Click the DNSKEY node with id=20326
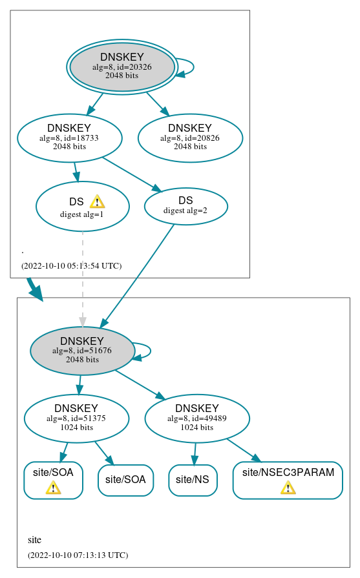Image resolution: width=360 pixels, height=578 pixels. pyautogui.click(x=122, y=67)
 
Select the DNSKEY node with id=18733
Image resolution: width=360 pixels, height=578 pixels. pyautogui.click(x=69, y=138)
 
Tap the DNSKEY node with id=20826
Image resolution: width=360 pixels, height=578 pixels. pyautogui.click(x=190, y=138)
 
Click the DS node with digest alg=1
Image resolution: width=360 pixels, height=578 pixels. pyautogui.click(x=82, y=206)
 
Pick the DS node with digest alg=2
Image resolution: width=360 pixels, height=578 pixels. pyautogui.click(x=185, y=205)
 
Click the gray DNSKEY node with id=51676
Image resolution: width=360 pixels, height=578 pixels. pyautogui.click(x=82, y=351)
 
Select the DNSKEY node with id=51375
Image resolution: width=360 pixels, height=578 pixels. pyautogui.click(x=76, y=418)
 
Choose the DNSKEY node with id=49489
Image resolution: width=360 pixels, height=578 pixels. pyautogui.click(x=197, y=418)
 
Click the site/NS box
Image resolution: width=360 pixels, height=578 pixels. pyautogui.click(x=193, y=480)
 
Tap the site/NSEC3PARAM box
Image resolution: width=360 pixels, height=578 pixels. pyautogui.click(x=288, y=480)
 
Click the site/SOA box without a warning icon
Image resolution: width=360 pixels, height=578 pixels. pyautogui.click(x=125, y=480)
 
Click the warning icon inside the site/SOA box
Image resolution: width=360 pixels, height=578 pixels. pyautogui.click(x=53, y=488)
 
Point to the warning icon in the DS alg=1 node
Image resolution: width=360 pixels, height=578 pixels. pyautogui.click(x=97, y=201)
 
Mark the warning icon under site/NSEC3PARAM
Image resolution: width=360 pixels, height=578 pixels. pyautogui.click(x=288, y=488)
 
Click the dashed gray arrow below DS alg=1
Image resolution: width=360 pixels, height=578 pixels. pyautogui.click(x=83, y=278)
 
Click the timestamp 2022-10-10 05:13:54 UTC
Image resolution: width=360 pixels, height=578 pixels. pyautogui.click(x=71, y=266)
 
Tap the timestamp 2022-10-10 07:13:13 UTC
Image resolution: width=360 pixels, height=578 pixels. pyautogui.click(x=78, y=555)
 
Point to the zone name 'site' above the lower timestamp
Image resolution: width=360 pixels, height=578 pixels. pyautogui.click(x=35, y=540)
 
